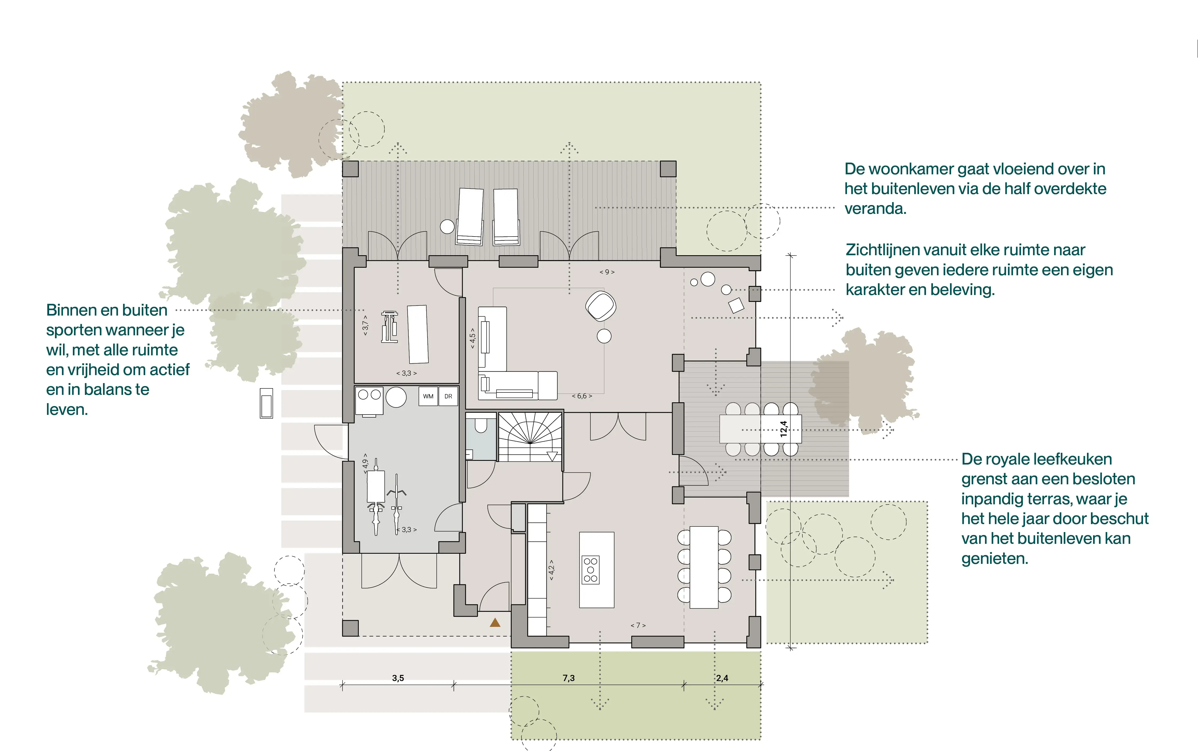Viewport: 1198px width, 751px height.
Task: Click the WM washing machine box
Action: click(x=428, y=396)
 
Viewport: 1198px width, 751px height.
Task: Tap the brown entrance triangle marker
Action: click(x=495, y=622)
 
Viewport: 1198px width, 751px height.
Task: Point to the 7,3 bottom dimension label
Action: click(x=569, y=678)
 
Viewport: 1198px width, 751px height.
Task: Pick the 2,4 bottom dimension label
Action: click(x=722, y=678)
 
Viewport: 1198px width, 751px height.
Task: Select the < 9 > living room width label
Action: click(x=607, y=272)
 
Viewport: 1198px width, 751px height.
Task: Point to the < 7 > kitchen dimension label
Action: click(x=638, y=625)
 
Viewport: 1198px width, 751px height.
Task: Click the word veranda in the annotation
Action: click(x=875, y=209)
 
